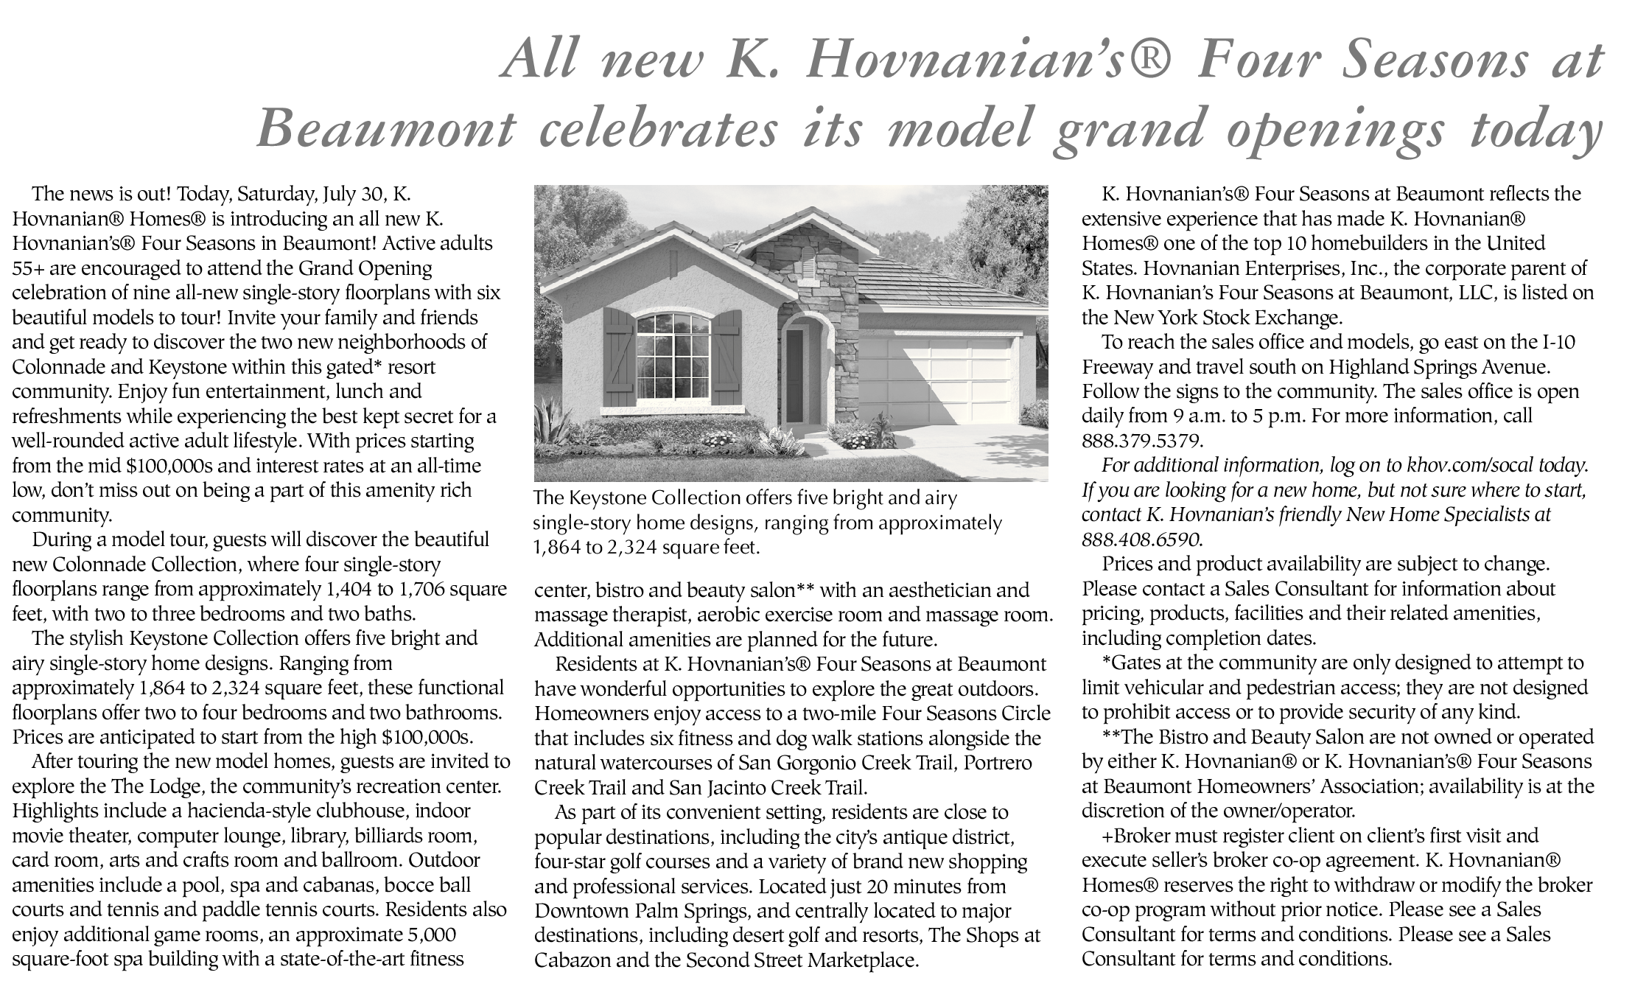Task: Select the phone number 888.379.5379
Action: [x=1141, y=441]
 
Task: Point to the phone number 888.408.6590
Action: [x=1141, y=539]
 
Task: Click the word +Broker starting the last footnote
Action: [x=1142, y=836]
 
